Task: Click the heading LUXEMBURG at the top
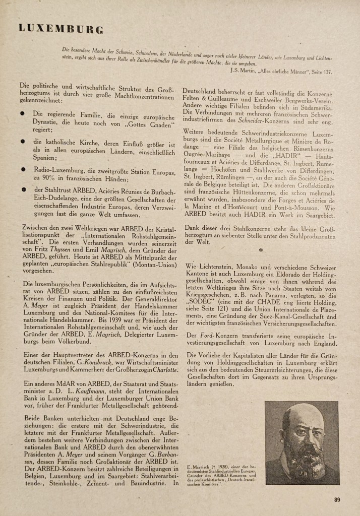pyautogui.click(x=61, y=28)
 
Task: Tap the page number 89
pyautogui.click(x=337, y=500)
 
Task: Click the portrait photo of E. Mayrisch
pyautogui.click(x=302, y=443)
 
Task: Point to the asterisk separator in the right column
pyautogui.click(x=260, y=249)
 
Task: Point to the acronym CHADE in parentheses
pyautogui.click(x=263, y=304)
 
